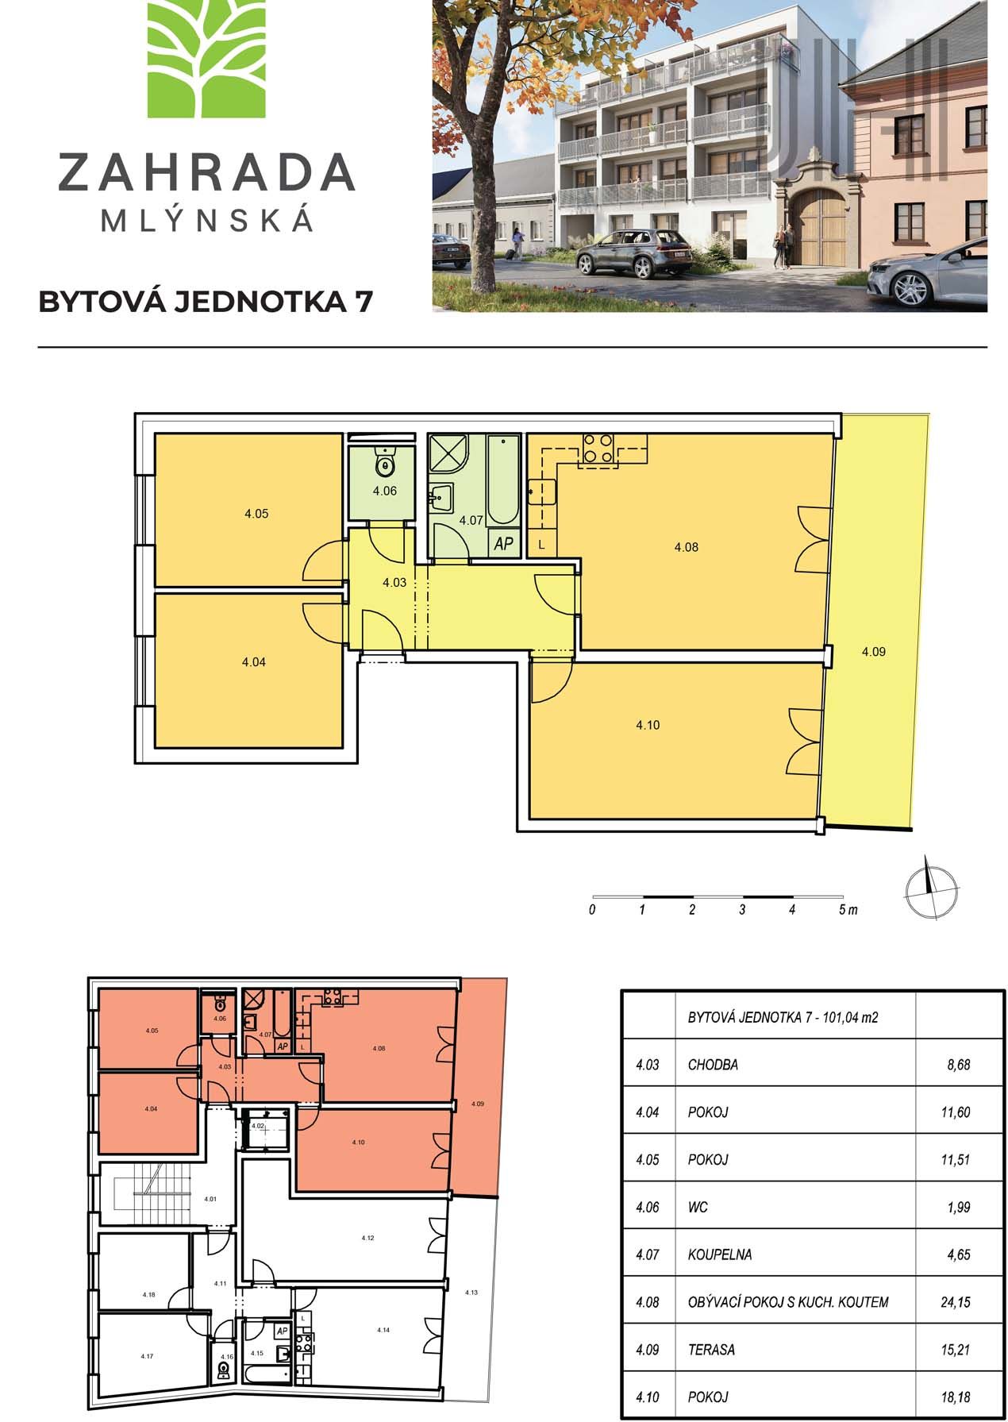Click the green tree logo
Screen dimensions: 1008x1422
point(206,59)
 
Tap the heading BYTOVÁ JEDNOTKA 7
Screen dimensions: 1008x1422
point(205,302)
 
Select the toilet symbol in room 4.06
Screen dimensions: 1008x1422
point(386,461)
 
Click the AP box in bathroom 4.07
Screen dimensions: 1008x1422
point(504,544)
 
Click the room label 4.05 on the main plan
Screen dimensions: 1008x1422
point(256,514)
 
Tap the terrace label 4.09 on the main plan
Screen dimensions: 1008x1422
point(873,652)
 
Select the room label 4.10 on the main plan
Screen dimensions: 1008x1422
point(648,725)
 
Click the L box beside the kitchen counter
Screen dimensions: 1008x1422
point(542,545)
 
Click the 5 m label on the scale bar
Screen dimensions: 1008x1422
point(848,910)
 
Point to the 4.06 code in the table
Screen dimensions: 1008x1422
point(648,1208)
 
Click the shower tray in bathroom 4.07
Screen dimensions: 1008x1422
point(449,454)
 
